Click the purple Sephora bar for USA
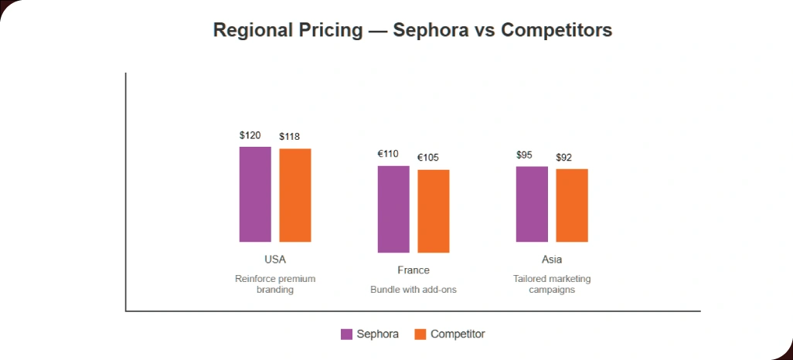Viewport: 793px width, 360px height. pos(255,194)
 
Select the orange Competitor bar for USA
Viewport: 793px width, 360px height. pos(295,195)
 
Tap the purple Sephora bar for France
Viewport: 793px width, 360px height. pos(393,209)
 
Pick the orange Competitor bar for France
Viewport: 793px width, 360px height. pos(434,211)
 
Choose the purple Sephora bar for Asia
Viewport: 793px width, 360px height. pos(532,204)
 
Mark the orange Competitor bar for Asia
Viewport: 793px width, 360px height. pos(572,205)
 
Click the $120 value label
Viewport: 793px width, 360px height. pos(250,136)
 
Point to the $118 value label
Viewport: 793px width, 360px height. pos(290,138)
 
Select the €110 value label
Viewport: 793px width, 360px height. pos(388,155)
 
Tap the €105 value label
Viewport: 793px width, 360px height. pos(428,158)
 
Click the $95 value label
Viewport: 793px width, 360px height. pos(524,155)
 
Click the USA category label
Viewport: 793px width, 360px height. pos(275,260)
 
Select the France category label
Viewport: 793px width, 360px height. pos(414,270)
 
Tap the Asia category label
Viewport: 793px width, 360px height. pos(552,260)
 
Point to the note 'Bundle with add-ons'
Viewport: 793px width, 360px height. pos(414,290)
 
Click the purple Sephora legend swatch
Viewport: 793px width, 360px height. pos(346,335)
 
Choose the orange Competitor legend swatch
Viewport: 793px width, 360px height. pos(420,335)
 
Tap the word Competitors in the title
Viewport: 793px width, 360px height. pos(556,30)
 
